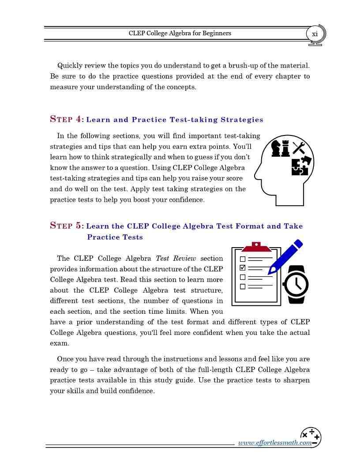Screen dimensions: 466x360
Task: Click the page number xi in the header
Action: pyautogui.click(x=315, y=34)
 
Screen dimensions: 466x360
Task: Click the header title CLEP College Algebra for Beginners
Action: pyautogui.click(x=180, y=33)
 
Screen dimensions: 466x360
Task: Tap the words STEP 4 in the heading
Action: pyautogui.click(x=67, y=119)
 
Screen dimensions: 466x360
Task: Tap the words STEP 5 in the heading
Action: pyautogui.click(x=67, y=226)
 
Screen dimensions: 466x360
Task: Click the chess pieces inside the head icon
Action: pyautogui.click(x=280, y=149)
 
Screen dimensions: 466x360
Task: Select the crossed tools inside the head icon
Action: pyautogui.click(x=299, y=148)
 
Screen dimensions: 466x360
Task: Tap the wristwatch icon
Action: pyautogui.click(x=296, y=285)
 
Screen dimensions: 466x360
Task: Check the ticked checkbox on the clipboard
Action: pyautogui.click(x=242, y=268)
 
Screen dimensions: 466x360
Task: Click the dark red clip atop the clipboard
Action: pyautogui.click(x=256, y=247)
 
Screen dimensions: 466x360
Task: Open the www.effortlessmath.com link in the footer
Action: pyautogui.click(x=274, y=443)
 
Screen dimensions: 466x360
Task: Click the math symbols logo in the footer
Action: pyautogui.click(x=311, y=437)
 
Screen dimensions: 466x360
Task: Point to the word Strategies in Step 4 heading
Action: pyautogui.click(x=242, y=120)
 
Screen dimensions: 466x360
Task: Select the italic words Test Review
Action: pyautogui.click(x=176, y=258)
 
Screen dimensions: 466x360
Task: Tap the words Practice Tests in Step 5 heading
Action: pyautogui.click(x=115, y=237)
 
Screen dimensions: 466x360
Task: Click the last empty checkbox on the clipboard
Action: pyautogui.click(x=242, y=287)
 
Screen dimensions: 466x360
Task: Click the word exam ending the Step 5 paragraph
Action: pyautogui.click(x=58, y=343)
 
